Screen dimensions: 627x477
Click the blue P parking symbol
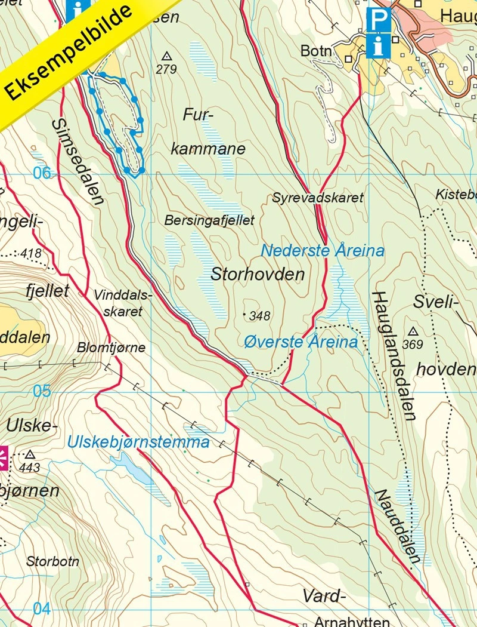(377, 20)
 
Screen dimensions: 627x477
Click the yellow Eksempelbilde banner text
(69, 53)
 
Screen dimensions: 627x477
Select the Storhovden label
(258, 275)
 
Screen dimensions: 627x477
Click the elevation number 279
(166, 69)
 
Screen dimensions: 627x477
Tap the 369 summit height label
(413, 344)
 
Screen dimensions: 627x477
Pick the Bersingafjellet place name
(209, 220)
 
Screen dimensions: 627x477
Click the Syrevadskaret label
(318, 198)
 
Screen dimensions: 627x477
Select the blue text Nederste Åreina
(323, 250)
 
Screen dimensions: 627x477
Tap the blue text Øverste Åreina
(301, 342)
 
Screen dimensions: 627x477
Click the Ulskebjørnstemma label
(138, 442)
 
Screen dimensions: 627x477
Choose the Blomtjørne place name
(111, 348)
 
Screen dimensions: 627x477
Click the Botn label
(316, 51)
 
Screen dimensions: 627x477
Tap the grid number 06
(42, 173)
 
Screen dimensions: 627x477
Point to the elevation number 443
(30, 467)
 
